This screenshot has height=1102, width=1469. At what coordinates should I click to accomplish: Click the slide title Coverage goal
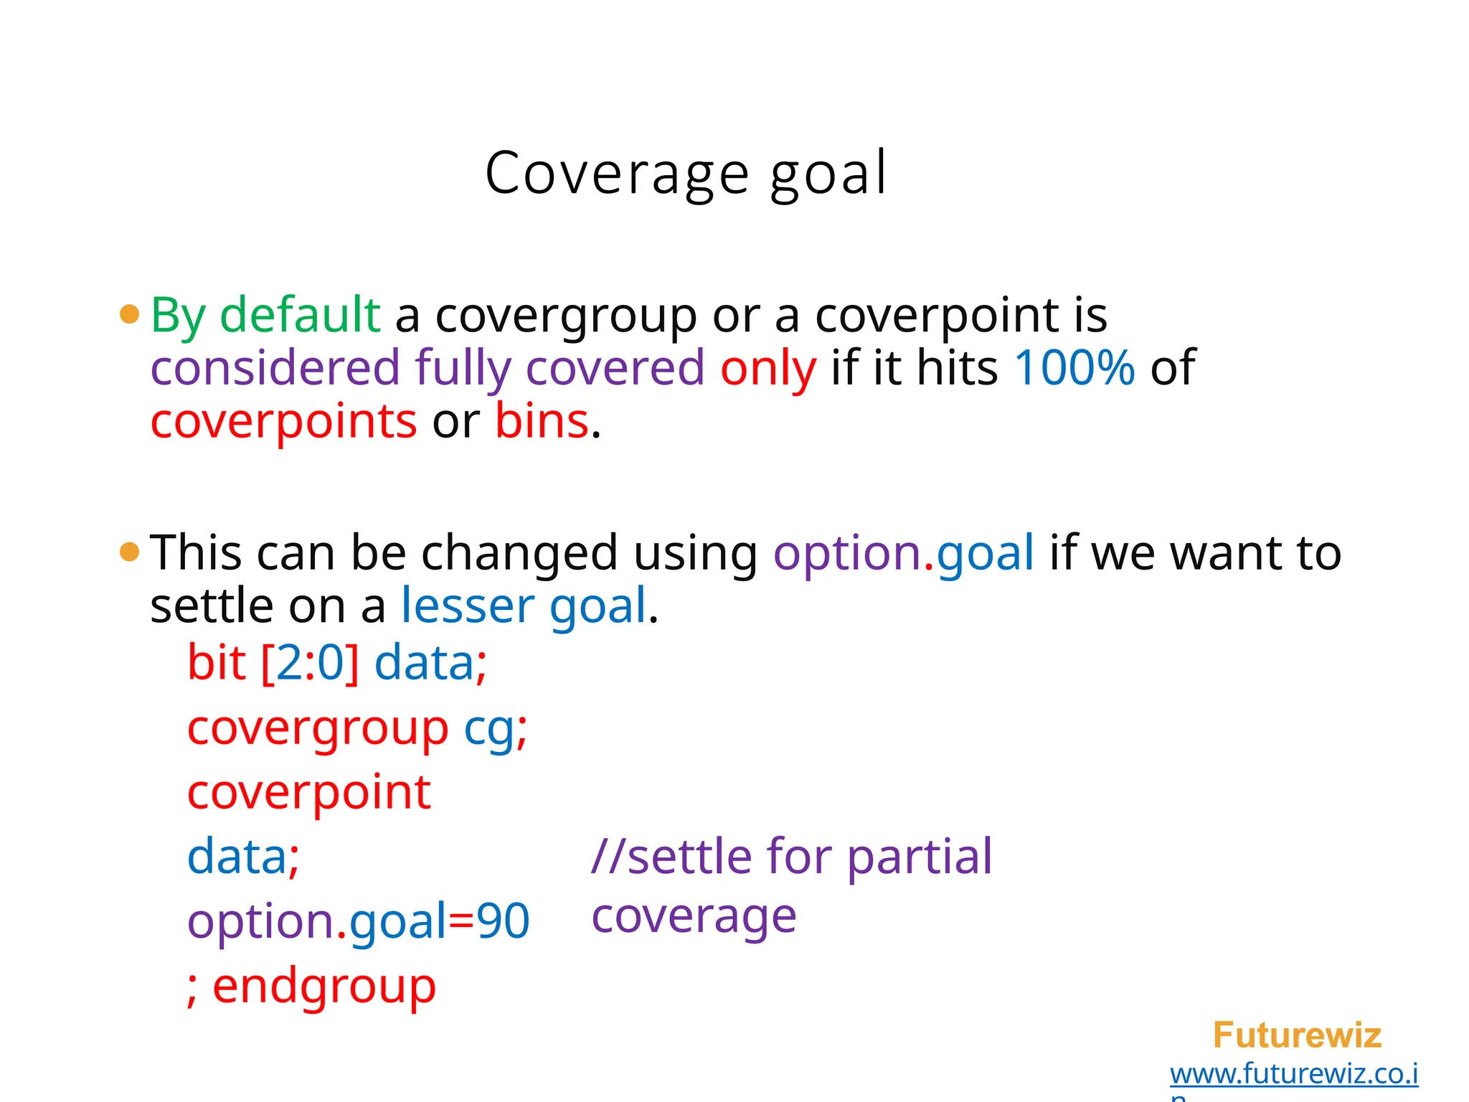(x=686, y=173)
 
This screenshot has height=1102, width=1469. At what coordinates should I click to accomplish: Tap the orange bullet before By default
(x=129, y=314)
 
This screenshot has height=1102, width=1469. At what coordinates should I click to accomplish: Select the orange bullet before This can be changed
(x=129, y=552)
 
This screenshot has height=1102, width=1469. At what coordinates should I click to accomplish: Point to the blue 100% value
(x=1074, y=367)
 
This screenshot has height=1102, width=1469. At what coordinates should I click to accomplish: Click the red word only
(x=767, y=367)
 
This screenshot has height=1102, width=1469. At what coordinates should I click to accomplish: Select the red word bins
(x=542, y=421)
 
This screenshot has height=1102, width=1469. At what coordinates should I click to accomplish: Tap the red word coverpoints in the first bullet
(x=283, y=421)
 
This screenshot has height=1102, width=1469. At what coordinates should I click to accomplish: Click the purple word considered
(x=275, y=367)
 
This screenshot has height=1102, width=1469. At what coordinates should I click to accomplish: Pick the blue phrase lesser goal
(x=524, y=606)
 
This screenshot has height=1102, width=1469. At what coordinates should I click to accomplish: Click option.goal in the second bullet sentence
(x=903, y=552)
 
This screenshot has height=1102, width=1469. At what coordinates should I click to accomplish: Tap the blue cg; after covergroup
(x=496, y=728)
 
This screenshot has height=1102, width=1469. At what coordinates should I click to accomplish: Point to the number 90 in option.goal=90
(x=503, y=921)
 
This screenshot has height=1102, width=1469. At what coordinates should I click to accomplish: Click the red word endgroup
(x=324, y=986)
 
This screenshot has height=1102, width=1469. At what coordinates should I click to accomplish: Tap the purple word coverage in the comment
(x=694, y=916)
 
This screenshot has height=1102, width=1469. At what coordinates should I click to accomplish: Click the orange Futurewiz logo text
(x=1297, y=1035)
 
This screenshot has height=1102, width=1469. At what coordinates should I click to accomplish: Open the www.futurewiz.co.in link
(x=1294, y=1074)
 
